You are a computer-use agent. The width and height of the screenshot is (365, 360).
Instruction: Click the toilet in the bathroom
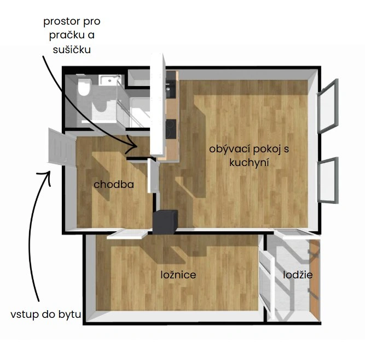[x=84, y=87]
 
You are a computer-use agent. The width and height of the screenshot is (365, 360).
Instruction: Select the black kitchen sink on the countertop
[x=171, y=89]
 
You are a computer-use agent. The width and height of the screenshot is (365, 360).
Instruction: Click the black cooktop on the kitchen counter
[x=171, y=129]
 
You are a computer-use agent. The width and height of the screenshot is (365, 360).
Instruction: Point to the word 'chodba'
[x=114, y=185]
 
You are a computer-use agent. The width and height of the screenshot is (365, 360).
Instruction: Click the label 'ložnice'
[x=178, y=275]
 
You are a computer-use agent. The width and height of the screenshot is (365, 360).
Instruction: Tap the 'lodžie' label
[x=298, y=275]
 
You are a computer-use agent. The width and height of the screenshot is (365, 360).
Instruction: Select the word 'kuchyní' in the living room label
[x=249, y=163]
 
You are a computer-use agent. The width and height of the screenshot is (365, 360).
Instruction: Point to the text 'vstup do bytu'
[x=46, y=315]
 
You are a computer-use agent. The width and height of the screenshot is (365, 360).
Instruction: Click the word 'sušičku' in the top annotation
[x=72, y=50]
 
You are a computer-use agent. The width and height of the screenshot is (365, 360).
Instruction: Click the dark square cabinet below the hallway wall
[x=165, y=222]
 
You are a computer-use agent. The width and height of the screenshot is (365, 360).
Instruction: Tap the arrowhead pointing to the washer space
[x=133, y=145]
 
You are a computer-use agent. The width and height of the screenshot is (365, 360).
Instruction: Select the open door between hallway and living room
[x=153, y=175]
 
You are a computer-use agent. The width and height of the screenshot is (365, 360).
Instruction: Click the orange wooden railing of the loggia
[x=315, y=280]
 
